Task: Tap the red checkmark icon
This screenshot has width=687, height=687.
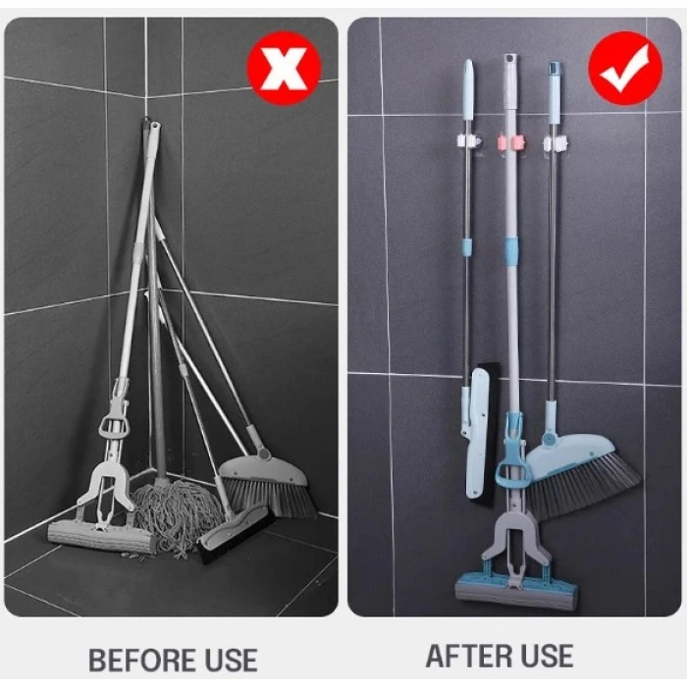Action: point(624,69)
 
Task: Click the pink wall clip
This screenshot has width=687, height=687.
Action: point(509,143)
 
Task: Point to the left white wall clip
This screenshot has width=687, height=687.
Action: point(469,142)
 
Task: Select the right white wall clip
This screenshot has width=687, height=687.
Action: point(555,143)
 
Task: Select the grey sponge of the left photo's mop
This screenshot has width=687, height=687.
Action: point(101,536)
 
